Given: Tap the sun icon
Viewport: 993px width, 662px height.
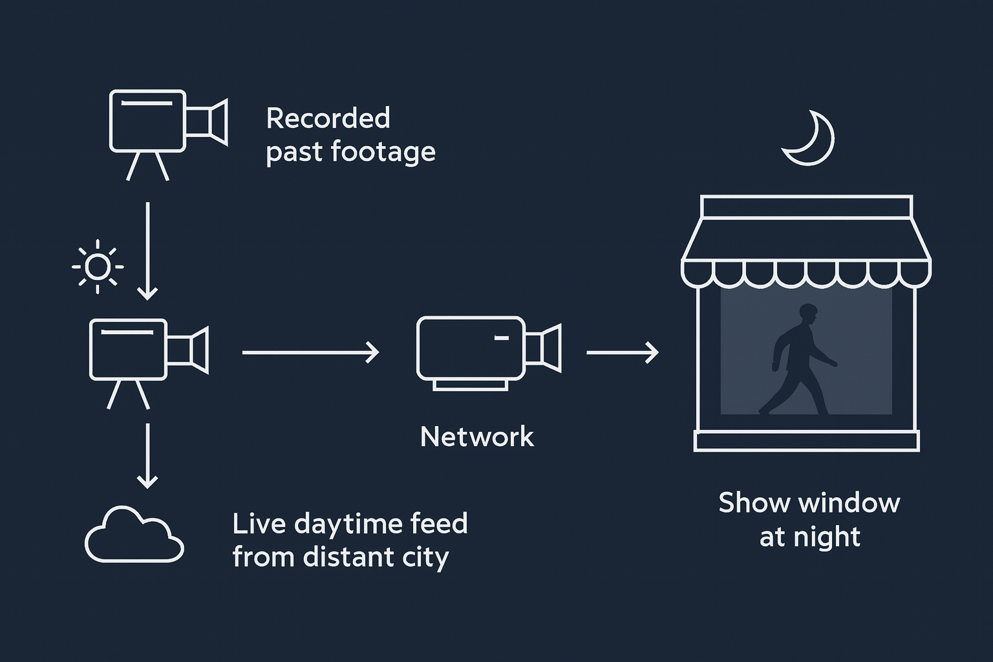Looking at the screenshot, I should click(x=98, y=266).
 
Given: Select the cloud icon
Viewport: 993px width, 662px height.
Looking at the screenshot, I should click(x=134, y=535).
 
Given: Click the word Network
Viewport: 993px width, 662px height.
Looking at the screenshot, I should click(x=477, y=437).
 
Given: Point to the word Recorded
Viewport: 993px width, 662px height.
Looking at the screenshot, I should click(x=328, y=118).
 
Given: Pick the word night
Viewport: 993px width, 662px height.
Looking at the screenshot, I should click(x=829, y=537).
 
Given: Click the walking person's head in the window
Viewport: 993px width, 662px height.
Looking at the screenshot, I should click(x=808, y=315).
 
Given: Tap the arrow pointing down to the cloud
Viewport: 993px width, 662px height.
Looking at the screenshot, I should click(x=148, y=455).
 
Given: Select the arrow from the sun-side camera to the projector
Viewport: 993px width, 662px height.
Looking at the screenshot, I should click(x=310, y=352).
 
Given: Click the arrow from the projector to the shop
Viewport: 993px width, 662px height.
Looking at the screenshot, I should click(x=622, y=352).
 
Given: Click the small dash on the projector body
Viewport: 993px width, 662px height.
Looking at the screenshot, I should click(x=501, y=337).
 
